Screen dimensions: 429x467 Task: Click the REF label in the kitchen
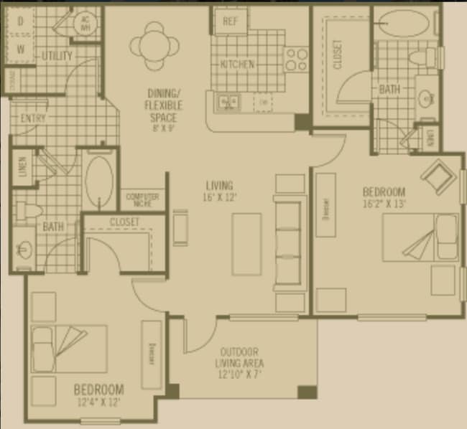230,21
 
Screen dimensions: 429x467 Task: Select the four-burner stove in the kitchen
295,59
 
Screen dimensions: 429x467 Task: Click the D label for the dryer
20,22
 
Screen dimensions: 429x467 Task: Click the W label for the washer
20,50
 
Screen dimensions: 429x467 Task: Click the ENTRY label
33,118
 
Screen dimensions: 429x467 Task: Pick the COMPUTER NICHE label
142,198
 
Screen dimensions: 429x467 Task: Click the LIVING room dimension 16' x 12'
220,196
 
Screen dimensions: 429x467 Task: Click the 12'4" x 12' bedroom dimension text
98,402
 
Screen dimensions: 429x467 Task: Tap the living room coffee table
245,244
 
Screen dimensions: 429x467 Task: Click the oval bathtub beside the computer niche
99,181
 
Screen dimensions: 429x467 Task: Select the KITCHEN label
237,64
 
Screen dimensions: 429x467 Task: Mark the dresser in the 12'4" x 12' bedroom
152,353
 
